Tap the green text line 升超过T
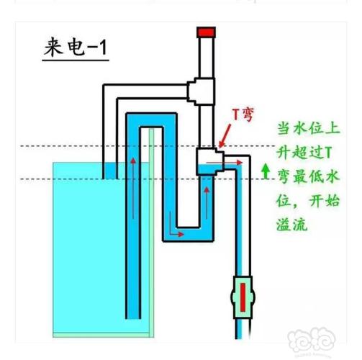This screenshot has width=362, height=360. tap(305, 152)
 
